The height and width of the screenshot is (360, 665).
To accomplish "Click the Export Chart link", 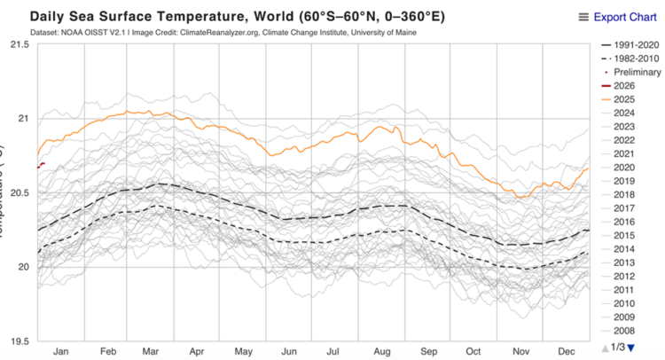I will point(625,17).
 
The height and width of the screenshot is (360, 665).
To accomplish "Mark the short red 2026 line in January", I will point(41,166).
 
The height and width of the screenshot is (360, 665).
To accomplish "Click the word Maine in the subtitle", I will point(403,33).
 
